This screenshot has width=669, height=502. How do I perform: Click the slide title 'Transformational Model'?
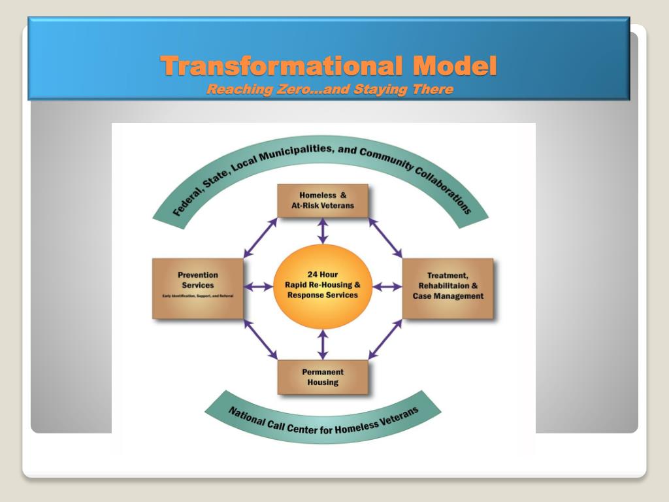(329, 66)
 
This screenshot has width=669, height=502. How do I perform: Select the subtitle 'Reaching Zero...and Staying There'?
(329, 90)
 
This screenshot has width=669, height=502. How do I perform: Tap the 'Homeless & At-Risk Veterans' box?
(323, 200)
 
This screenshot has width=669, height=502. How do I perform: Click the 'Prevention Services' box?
(198, 288)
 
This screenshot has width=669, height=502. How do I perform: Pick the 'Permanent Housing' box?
(323, 377)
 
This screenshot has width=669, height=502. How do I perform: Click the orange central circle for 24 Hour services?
(323, 286)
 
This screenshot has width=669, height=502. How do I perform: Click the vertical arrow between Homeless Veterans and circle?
(323, 231)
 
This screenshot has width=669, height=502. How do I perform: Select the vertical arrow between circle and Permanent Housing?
(323, 344)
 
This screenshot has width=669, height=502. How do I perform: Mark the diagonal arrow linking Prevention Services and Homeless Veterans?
(260, 237)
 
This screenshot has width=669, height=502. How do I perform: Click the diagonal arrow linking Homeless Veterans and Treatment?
(385, 237)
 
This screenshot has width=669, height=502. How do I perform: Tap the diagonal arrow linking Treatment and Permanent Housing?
(385, 339)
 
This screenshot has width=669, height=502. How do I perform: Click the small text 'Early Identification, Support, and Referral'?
(198, 297)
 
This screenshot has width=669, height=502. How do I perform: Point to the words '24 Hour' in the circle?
(323, 275)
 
